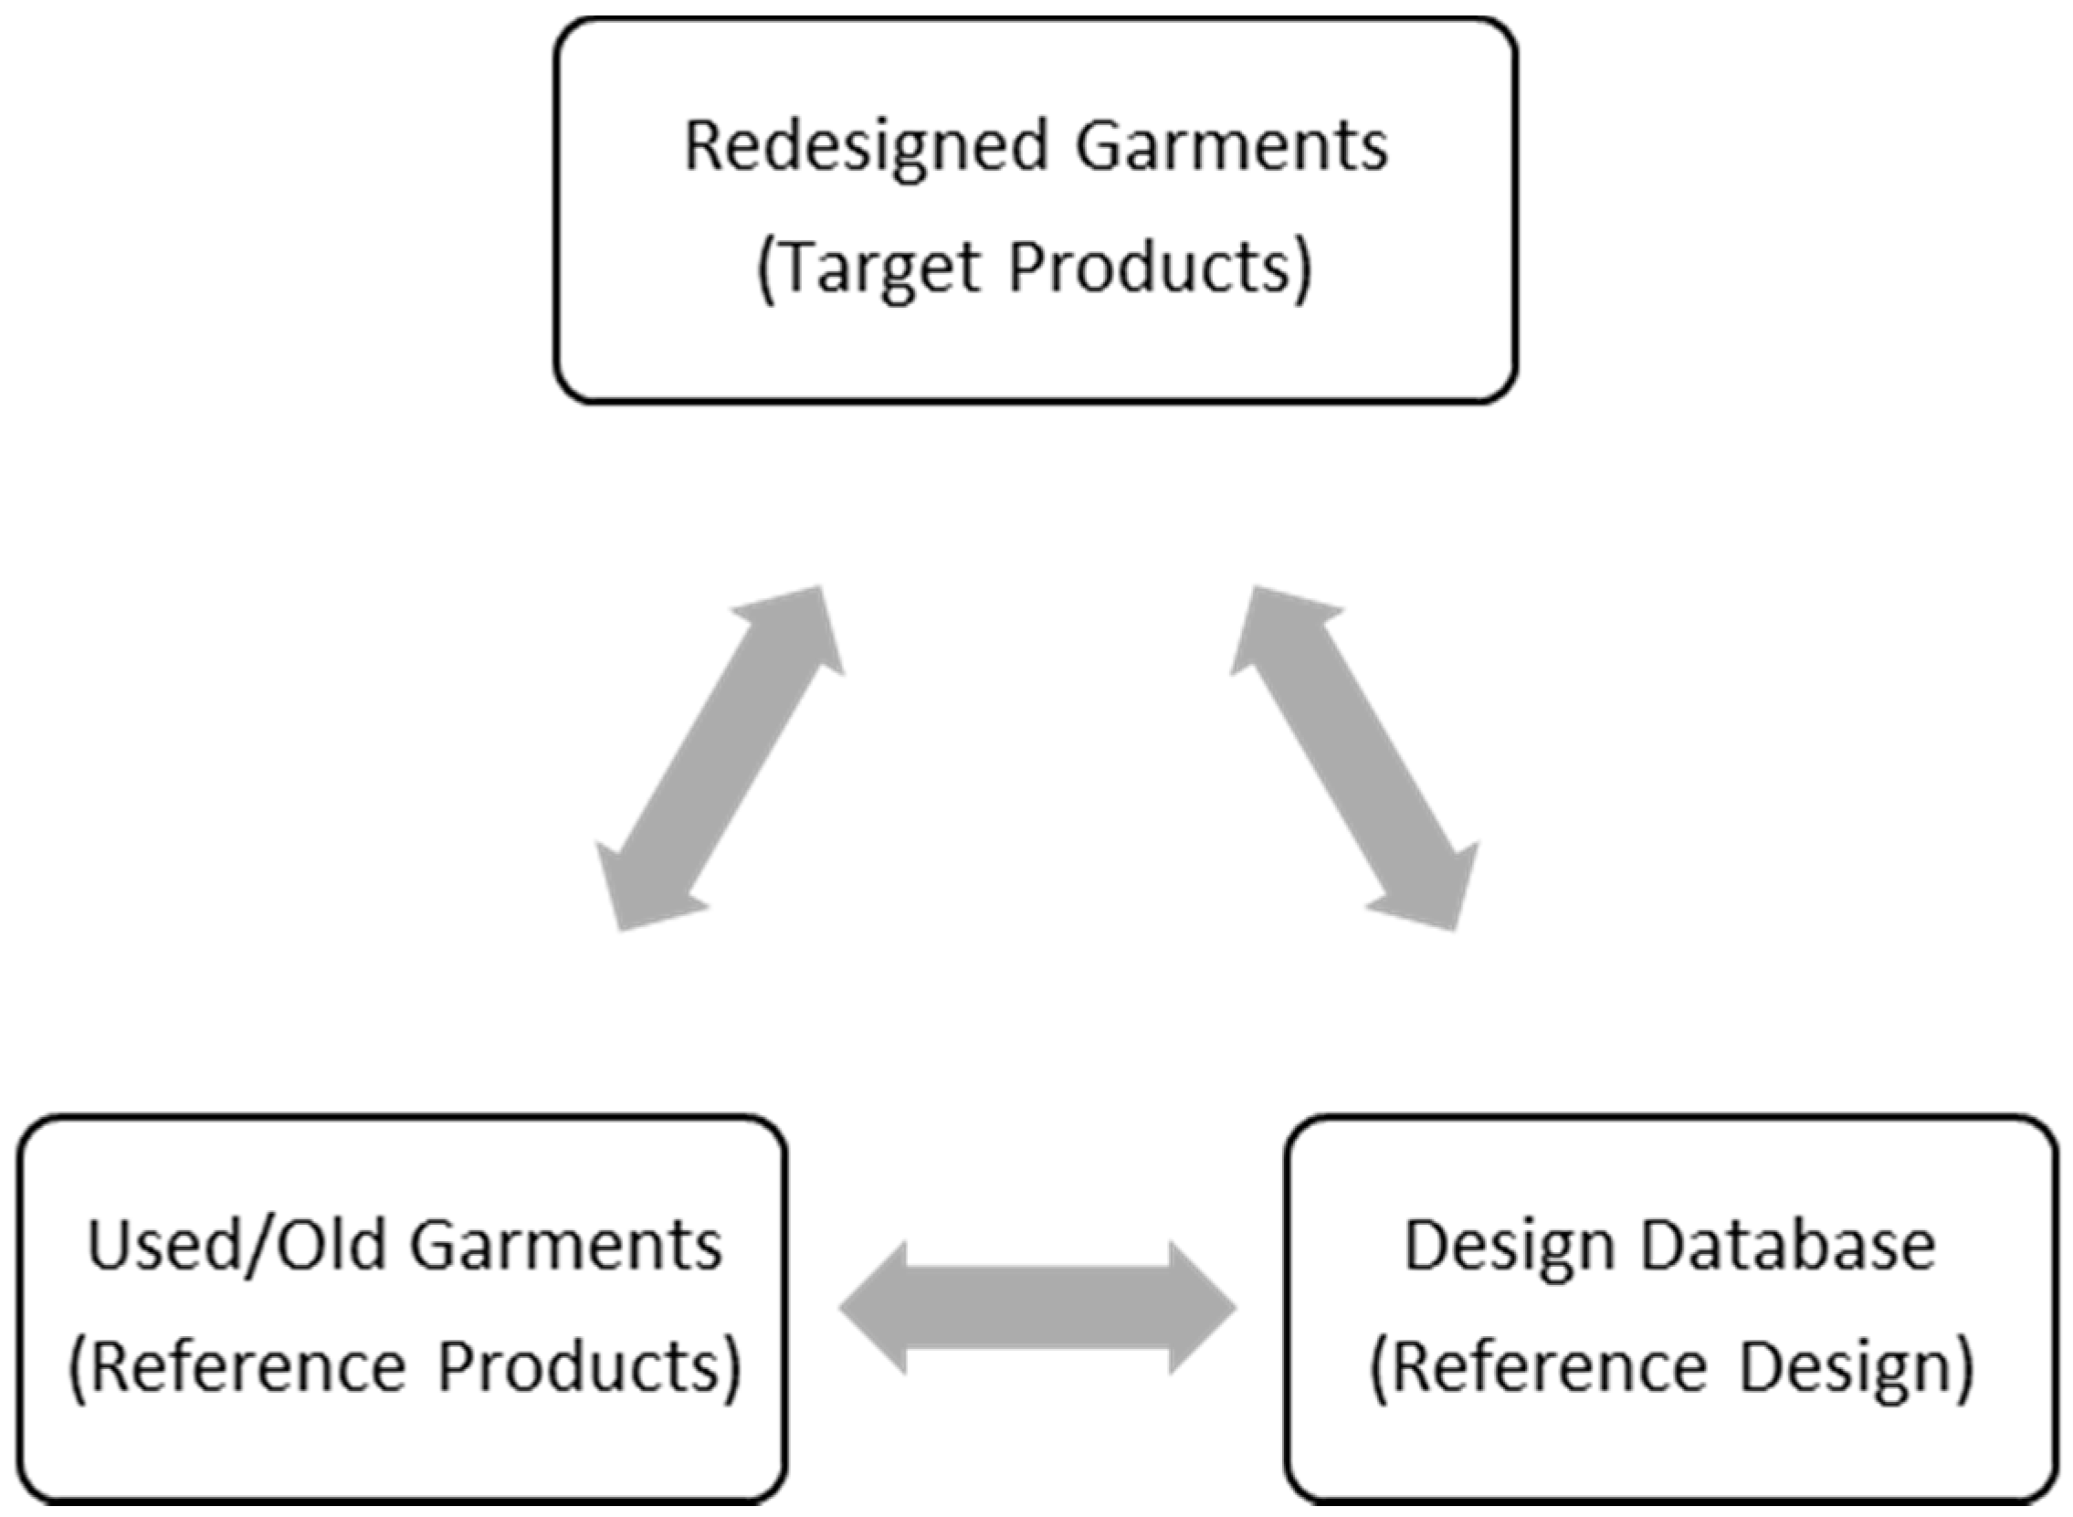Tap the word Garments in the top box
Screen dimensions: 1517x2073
[x=1232, y=146]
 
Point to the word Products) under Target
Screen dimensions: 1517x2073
[x=1160, y=268]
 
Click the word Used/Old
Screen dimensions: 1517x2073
[x=236, y=1246]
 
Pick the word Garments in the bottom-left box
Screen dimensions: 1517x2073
[x=565, y=1246]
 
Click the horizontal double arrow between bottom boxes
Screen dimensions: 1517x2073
[x=1037, y=1309]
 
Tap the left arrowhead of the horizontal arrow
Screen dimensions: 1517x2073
[x=877, y=1309]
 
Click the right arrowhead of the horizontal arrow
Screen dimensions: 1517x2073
[x=1198, y=1309]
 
